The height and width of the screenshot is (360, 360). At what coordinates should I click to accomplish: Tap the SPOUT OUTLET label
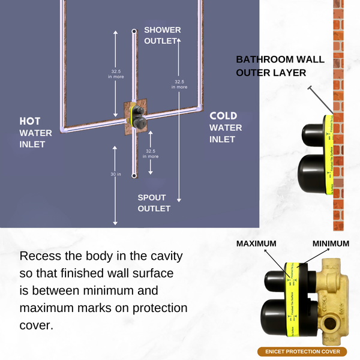click(x=154, y=203)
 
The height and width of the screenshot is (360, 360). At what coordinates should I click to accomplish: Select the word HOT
click(x=30, y=121)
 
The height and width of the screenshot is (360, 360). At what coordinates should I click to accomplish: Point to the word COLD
click(x=223, y=116)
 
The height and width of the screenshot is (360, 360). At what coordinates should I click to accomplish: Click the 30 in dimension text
click(x=116, y=174)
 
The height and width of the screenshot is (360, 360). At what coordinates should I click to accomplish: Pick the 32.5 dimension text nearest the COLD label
click(x=179, y=84)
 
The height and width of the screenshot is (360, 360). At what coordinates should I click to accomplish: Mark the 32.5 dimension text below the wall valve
click(x=151, y=154)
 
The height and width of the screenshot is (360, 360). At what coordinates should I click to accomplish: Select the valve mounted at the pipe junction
click(x=137, y=116)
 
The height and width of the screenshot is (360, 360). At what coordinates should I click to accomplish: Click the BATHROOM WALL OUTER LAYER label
click(x=280, y=66)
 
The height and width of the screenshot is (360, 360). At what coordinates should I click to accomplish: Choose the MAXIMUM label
click(x=256, y=244)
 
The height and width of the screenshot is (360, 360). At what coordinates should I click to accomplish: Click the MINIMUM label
click(x=331, y=244)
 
